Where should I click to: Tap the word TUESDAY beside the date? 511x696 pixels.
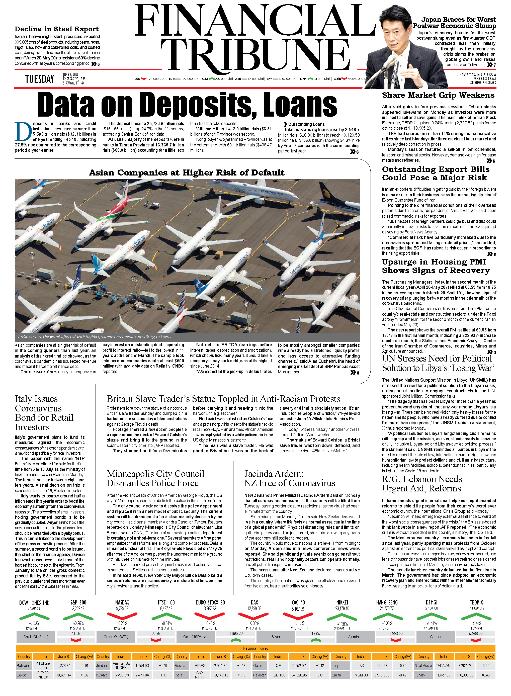click(x=40, y=79)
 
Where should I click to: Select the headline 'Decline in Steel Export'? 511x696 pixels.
click(x=57, y=29)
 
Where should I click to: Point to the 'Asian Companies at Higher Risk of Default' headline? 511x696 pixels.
click(x=187, y=172)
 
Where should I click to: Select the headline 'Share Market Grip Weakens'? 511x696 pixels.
click(x=438, y=95)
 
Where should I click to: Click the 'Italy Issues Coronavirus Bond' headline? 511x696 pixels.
click(x=44, y=413)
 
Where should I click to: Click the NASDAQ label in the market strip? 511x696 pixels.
click(x=122, y=602)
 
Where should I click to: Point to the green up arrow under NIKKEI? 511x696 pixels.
click(x=342, y=617)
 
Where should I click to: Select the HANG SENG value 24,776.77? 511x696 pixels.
click(x=387, y=608)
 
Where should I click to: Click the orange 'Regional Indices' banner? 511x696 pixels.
click(x=255, y=648)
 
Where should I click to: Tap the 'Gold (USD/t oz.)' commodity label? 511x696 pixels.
click(x=196, y=637)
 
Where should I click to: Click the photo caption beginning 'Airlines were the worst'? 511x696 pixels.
click(x=95, y=337)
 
